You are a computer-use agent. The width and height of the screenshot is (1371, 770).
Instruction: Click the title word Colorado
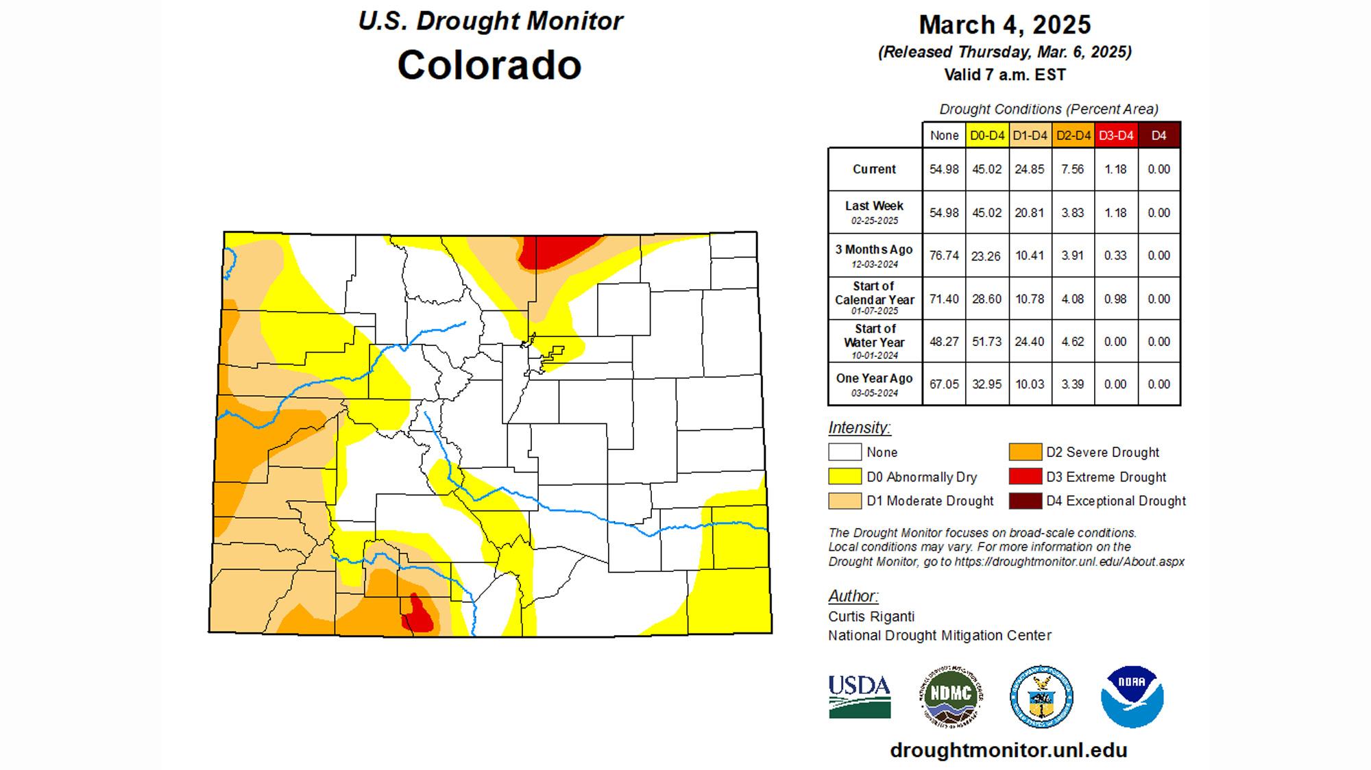(x=489, y=66)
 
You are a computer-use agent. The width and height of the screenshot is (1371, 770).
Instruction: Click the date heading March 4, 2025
(x=1004, y=25)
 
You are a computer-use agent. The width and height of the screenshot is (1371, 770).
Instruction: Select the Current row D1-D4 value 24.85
(x=1029, y=169)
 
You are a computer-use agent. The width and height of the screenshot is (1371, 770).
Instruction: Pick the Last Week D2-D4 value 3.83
(x=1072, y=213)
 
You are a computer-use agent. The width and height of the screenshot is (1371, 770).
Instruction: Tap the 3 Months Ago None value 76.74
(x=943, y=256)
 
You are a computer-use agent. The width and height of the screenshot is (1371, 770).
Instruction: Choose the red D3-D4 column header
(x=1115, y=136)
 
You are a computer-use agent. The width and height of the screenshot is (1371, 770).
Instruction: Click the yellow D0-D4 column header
(x=986, y=136)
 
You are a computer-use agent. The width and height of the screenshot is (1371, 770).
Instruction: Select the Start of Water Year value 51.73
(x=986, y=341)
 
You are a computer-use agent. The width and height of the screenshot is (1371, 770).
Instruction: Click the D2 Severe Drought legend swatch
(x=1025, y=452)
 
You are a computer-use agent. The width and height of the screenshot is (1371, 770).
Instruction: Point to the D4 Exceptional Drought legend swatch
(x=1025, y=501)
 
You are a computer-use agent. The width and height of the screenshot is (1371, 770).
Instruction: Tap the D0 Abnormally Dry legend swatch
(x=845, y=477)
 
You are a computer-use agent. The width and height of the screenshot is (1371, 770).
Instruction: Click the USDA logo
(x=860, y=696)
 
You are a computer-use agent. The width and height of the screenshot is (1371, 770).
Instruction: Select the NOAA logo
(x=1132, y=696)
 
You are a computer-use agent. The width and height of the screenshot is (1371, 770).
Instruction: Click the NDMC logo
(x=950, y=696)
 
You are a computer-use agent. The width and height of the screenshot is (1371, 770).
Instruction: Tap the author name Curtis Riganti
(x=871, y=617)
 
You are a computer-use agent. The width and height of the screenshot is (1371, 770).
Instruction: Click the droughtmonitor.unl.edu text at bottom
(x=1008, y=750)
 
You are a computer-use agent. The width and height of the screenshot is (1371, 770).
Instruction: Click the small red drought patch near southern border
(x=418, y=614)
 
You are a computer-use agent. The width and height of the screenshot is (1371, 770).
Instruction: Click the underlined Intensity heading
(x=859, y=428)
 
